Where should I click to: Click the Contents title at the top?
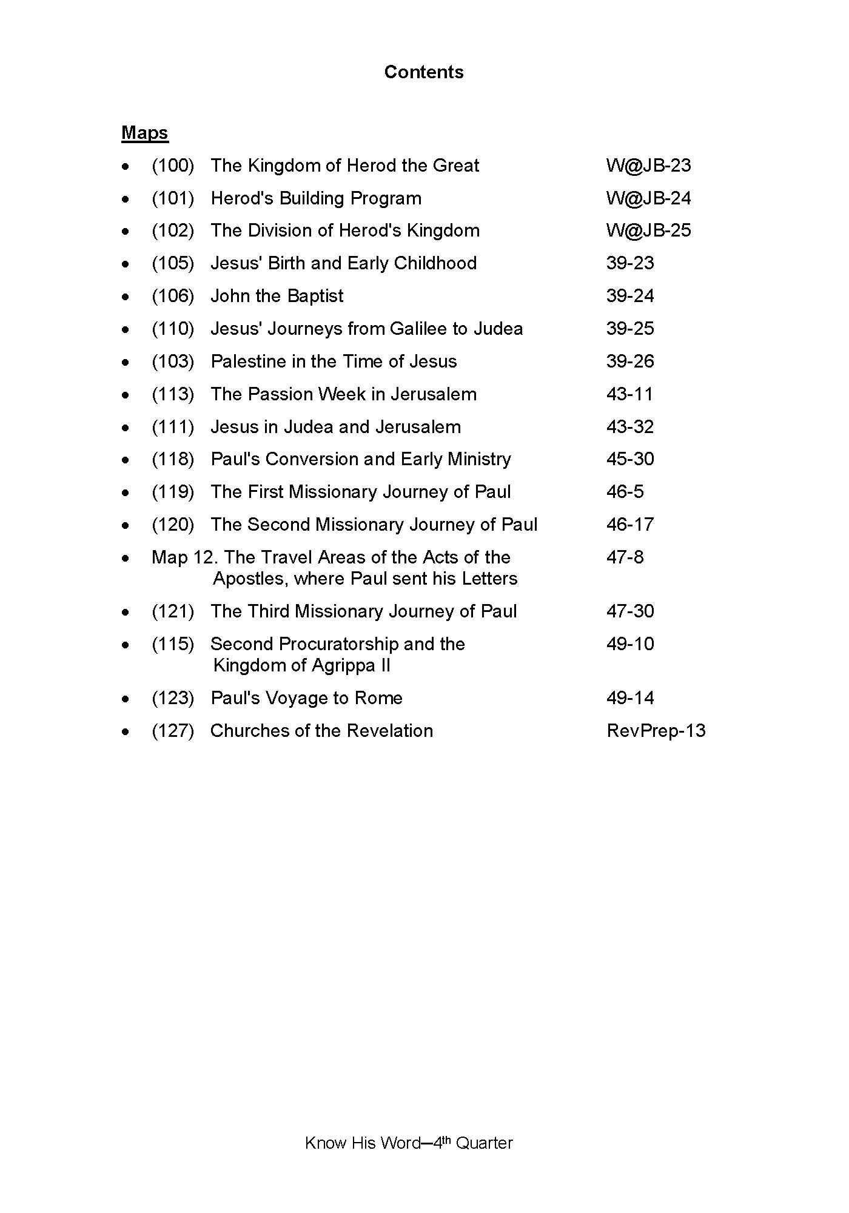pos(424,72)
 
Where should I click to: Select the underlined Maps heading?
pos(145,133)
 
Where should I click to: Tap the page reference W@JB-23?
pos(648,166)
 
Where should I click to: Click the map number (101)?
pos(173,198)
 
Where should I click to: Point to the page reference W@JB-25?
pos(648,230)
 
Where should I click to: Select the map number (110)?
pos(173,329)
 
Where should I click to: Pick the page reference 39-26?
pos(630,361)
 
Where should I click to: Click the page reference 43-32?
pos(630,427)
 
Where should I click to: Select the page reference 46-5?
pos(625,492)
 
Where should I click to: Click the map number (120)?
pos(173,525)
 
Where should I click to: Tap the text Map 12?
pos(184,557)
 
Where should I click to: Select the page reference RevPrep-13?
pos(656,731)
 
